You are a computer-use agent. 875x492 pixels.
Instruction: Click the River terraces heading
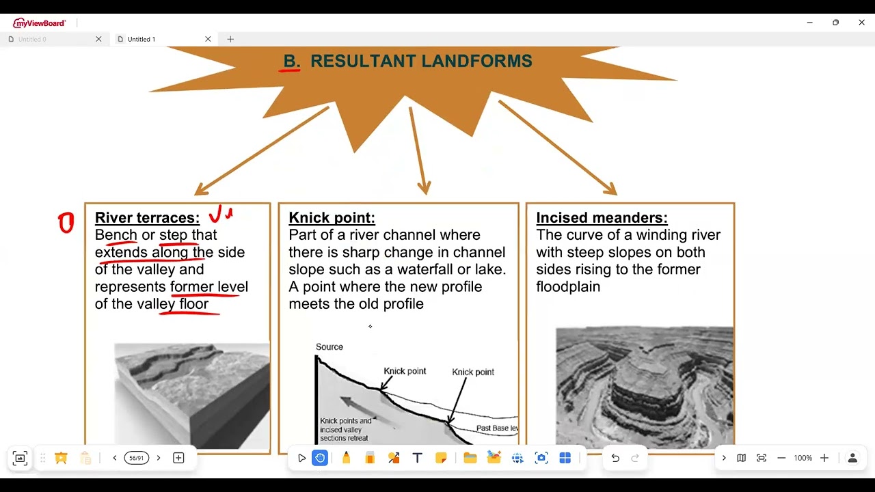147,218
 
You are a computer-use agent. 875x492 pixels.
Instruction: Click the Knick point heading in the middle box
332,218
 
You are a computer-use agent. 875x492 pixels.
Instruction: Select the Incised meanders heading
602,218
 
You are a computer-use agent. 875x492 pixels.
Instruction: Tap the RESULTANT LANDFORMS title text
421,61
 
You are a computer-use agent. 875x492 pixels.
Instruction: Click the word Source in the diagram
329,347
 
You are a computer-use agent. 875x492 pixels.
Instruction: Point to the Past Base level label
497,428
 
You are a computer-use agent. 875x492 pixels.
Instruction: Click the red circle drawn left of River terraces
66,223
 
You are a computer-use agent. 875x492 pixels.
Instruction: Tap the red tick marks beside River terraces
221,215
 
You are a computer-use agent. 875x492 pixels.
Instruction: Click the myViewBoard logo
40,23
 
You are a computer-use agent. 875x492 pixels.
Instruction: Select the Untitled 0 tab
33,40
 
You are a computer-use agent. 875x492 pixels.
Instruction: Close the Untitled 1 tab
208,40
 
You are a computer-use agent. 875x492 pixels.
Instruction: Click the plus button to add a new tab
230,40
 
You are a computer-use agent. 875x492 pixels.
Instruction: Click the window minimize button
809,23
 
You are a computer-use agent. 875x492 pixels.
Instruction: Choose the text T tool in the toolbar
417,458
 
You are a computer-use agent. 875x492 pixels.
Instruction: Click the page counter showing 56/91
137,458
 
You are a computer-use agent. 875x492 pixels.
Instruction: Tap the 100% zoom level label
803,458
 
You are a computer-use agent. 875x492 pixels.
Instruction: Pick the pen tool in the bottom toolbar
346,458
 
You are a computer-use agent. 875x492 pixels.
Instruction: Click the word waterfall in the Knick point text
432,269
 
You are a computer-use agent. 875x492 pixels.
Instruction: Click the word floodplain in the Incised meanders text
568,287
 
